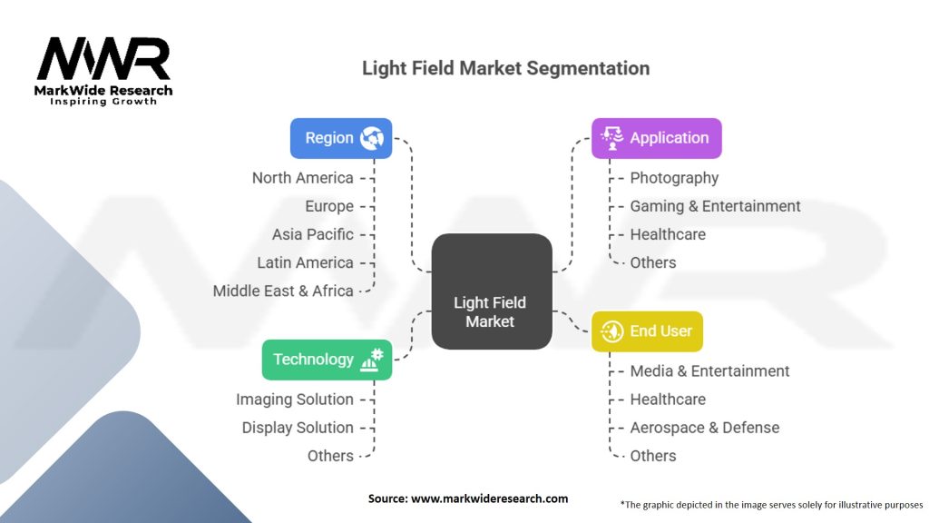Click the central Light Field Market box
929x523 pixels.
coord(491,291)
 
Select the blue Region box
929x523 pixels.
coord(341,138)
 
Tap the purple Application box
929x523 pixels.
coord(656,138)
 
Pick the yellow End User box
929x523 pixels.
coord(647,331)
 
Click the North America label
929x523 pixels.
coord(302,178)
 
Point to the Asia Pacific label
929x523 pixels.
coord(312,234)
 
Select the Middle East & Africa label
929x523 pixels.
coord(283,291)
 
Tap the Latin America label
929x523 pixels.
coord(305,262)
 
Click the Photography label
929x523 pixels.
coord(674,178)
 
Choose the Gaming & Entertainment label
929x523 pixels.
coord(715,206)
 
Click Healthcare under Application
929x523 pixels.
coord(668,234)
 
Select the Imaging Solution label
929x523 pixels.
coord(294,400)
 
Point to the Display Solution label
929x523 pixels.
coord(297,428)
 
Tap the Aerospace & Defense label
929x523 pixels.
coord(704,428)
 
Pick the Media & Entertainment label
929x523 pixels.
coord(709,371)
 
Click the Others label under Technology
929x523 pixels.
coord(330,456)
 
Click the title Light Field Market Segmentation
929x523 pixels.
coord(505,68)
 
